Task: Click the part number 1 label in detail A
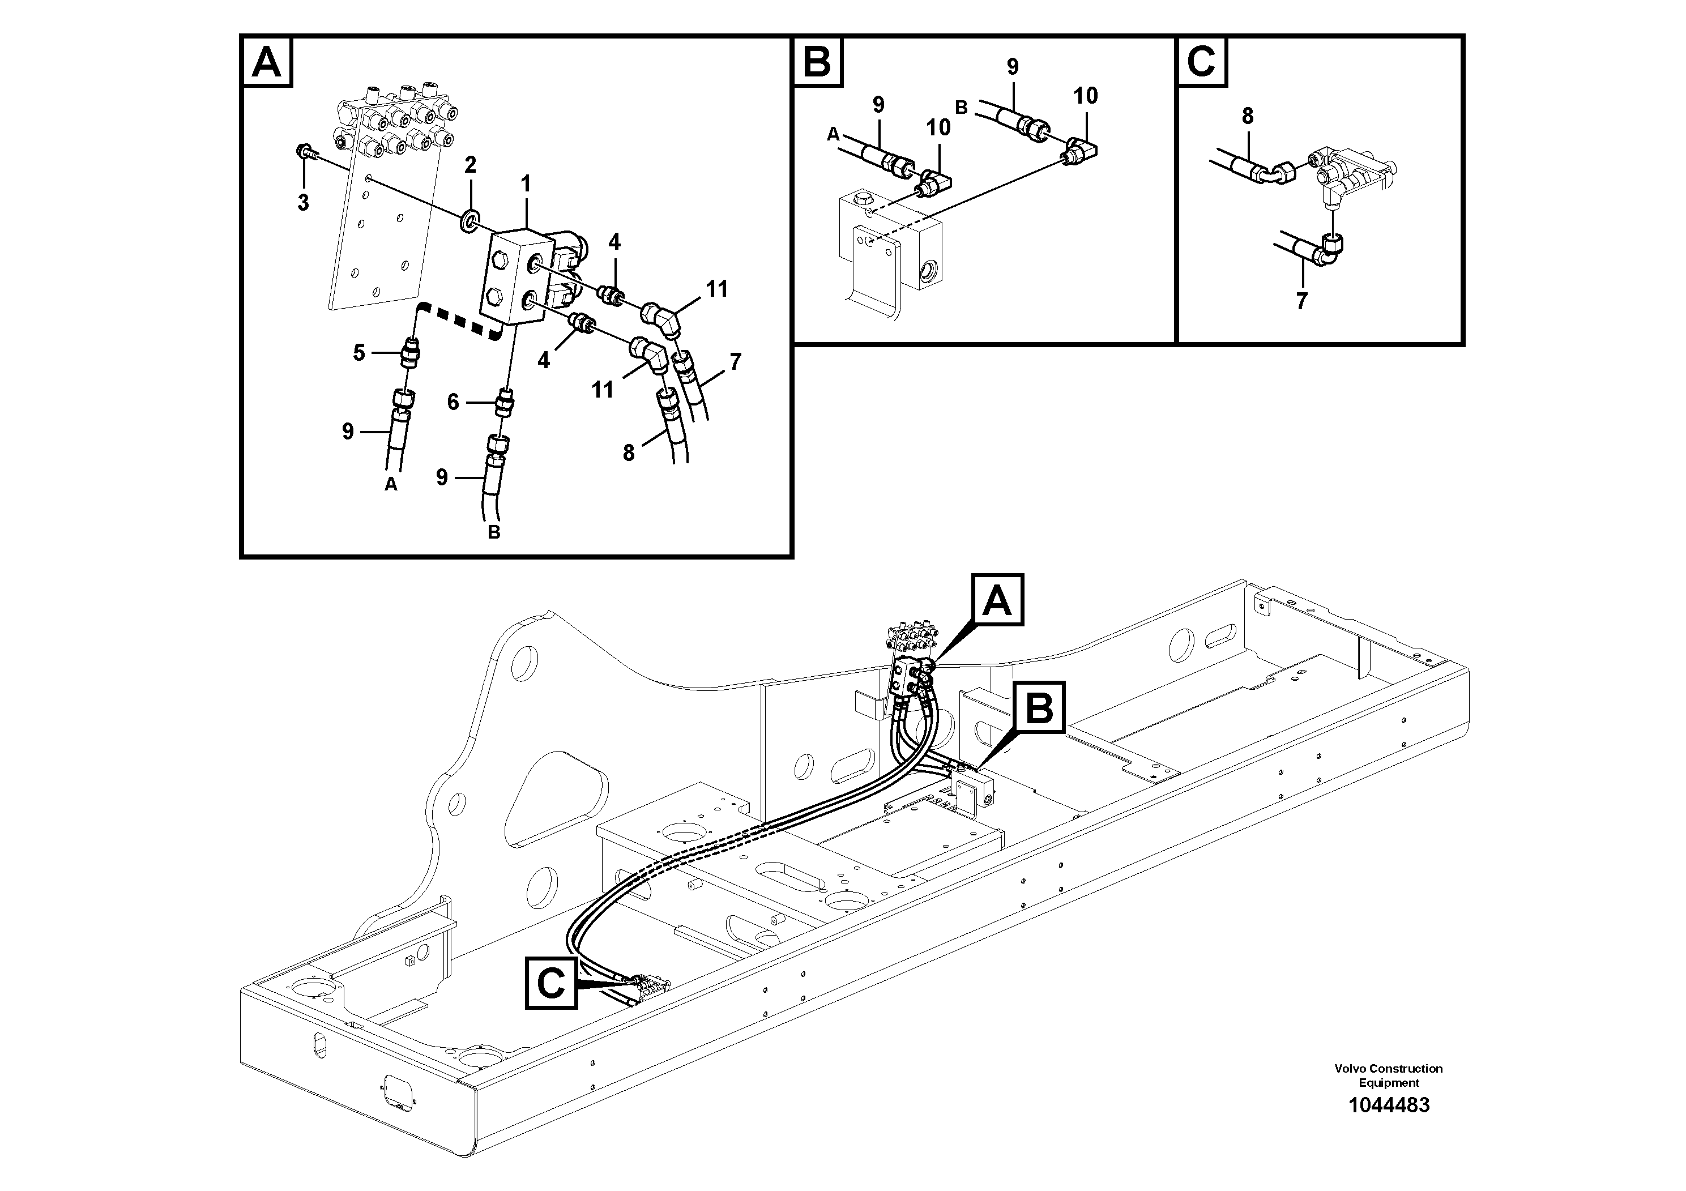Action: (x=526, y=184)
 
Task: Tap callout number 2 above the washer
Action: (x=471, y=164)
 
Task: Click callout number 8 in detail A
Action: (x=628, y=453)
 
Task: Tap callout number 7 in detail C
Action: (x=1301, y=301)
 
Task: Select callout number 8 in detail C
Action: (x=1248, y=116)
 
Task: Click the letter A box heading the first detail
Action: (x=266, y=62)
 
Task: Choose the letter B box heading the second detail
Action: (x=817, y=62)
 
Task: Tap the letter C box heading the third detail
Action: (x=1201, y=62)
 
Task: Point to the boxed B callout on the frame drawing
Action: (x=1039, y=708)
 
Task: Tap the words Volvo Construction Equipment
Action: (x=1388, y=1075)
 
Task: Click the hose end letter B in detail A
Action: (x=494, y=532)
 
